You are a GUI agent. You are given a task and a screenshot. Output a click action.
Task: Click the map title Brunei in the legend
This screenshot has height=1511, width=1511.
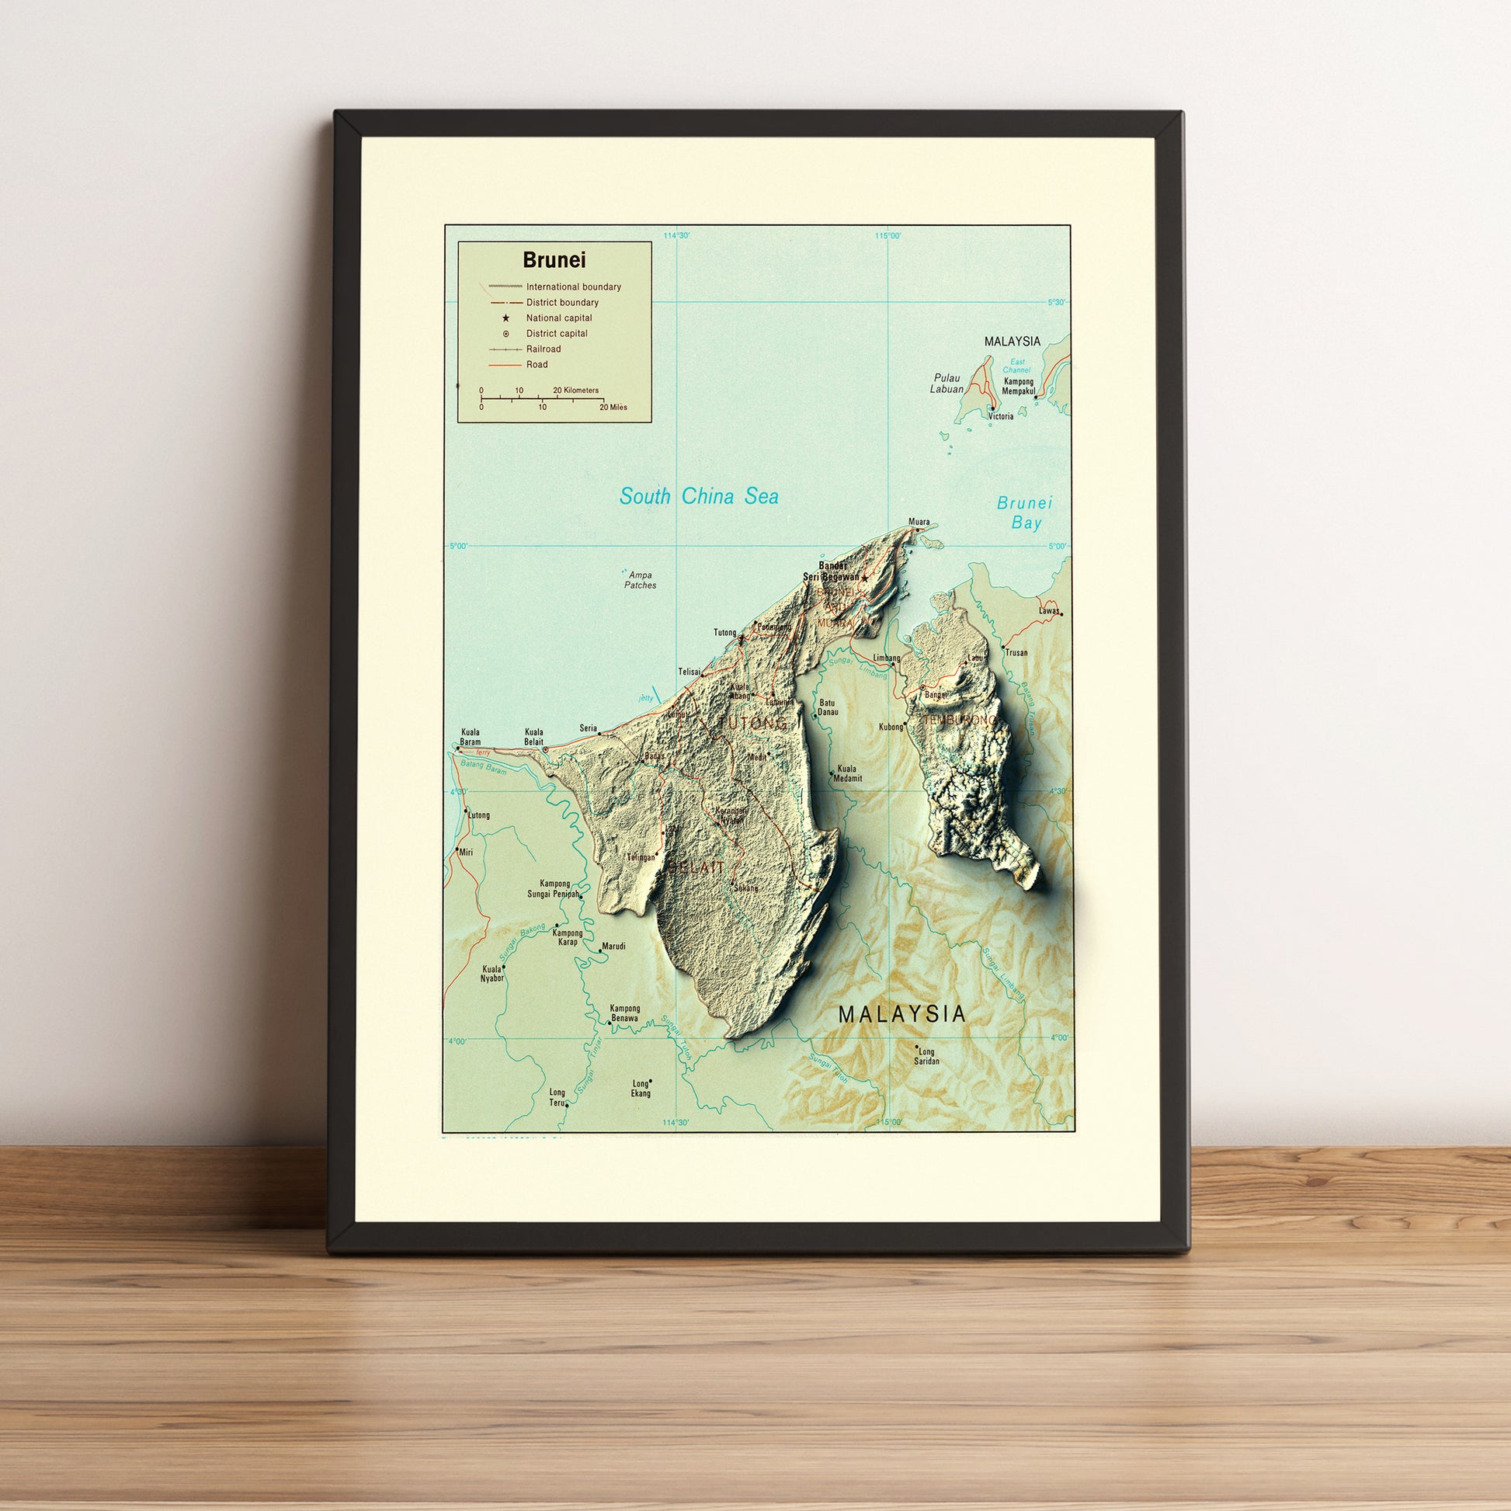coord(554,260)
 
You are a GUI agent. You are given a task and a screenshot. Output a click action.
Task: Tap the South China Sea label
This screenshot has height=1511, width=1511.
coord(698,497)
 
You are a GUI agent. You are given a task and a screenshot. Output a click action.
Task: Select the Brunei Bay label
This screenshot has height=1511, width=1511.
coord(1025,513)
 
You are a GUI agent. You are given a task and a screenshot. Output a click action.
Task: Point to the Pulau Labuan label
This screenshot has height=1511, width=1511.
coord(947,384)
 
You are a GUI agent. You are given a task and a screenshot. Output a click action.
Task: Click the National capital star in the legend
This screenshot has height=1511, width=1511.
coord(506,318)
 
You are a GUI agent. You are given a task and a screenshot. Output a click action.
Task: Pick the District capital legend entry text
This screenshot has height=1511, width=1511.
coord(557,334)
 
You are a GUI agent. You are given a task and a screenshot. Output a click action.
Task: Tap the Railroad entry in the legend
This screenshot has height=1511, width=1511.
coord(543,349)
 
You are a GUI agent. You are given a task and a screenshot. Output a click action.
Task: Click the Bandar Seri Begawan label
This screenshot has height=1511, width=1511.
coord(831,571)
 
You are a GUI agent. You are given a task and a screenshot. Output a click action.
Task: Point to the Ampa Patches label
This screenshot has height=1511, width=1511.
coord(640,580)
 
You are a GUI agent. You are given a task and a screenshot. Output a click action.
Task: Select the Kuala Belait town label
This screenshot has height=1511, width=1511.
coord(534,738)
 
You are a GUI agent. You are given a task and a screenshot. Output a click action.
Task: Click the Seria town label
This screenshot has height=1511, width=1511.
coord(588,728)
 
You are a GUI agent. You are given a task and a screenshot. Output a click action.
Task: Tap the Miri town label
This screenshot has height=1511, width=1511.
coord(466,853)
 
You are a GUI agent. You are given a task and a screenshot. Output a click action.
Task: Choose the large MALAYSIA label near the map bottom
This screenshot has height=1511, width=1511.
coord(901,1014)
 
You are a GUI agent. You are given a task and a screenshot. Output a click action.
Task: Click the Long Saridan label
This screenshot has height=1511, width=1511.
coord(926,1057)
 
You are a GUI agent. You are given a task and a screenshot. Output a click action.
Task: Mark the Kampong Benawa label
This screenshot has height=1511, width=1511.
coord(625,1013)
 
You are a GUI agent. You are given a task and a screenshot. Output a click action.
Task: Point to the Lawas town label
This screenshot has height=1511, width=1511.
coord(1049,611)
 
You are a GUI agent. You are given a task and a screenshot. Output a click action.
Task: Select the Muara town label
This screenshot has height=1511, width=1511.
coord(919,522)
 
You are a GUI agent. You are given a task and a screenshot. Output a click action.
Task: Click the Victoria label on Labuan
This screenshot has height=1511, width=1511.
coord(1001,417)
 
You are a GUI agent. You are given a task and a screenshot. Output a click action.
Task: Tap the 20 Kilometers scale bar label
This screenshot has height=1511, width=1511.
coord(575,391)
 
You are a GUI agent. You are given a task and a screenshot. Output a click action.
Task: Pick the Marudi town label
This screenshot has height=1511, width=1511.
coord(613,947)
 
